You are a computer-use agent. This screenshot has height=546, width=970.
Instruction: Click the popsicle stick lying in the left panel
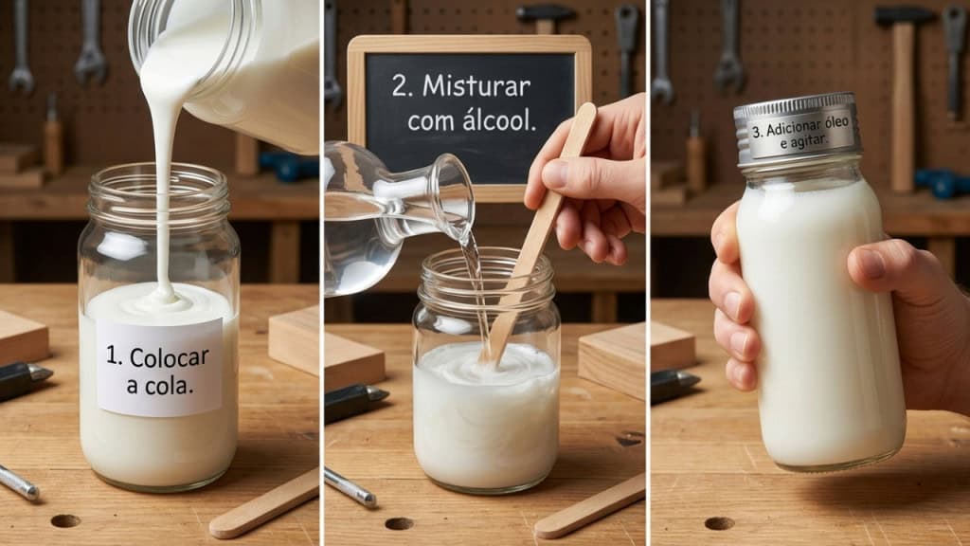264,503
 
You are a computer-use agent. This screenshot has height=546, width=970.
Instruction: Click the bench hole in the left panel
65,520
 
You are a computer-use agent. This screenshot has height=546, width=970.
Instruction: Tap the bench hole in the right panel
719,523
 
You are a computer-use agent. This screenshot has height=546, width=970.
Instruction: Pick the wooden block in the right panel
674,345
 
